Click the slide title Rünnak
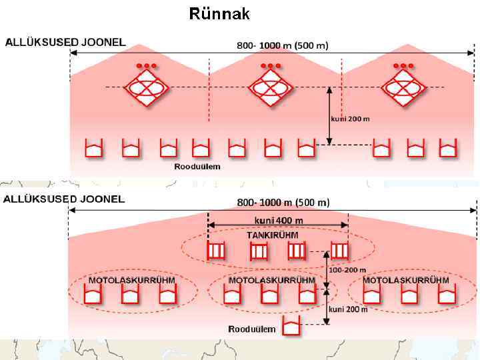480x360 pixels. point(219,13)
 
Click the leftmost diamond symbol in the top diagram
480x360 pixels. point(144,87)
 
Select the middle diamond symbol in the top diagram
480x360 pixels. point(271,87)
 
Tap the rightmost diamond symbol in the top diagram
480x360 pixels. point(404,87)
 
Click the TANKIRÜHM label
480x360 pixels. point(272,235)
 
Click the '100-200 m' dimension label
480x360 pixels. point(347,270)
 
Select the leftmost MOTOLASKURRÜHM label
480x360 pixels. point(132,280)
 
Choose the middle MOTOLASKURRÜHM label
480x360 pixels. point(272,280)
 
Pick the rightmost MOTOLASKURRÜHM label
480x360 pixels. point(406,280)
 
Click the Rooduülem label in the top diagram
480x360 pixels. point(197,166)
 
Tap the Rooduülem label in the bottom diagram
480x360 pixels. point(251,329)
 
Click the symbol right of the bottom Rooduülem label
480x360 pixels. point(291,326)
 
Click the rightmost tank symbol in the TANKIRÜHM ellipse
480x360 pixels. point(339,251)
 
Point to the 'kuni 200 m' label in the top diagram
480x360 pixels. point(350,119)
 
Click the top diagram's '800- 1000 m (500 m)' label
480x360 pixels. point(283,45)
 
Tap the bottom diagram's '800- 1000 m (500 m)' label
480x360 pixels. point(283,202)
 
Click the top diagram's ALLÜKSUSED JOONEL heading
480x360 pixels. point(65,42)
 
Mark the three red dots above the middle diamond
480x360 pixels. point(271,66)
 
